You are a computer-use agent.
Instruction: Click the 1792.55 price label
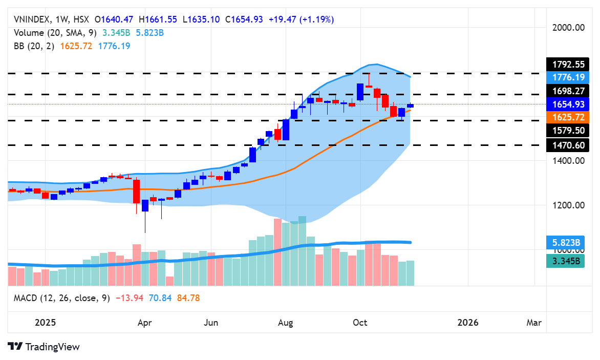coord(568,65)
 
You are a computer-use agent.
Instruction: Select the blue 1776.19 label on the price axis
coord(568,77)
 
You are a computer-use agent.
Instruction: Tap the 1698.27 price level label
coord(568,91)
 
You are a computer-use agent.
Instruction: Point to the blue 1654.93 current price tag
coord(568,104)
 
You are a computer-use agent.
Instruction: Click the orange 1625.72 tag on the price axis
coord(568,117)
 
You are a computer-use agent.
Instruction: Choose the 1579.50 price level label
coord(568,131)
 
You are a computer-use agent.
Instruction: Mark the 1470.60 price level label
coord(568,145)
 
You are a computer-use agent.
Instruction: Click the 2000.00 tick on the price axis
coord(568,28)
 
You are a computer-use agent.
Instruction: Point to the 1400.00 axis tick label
coord(568,161)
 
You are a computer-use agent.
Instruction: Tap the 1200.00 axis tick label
coord(568,205)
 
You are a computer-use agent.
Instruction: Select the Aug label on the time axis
coord(286,323)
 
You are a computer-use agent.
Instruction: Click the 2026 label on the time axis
coord(468,323)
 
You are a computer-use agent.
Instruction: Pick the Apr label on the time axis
coord(145,323)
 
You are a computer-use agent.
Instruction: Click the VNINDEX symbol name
coord(32,19)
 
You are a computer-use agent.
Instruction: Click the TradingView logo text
coord(52,347)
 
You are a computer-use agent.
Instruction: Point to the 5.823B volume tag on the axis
coord(568,242)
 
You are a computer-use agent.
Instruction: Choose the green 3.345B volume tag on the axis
coord(568,261)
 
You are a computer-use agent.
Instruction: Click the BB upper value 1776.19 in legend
coord(114,46)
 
